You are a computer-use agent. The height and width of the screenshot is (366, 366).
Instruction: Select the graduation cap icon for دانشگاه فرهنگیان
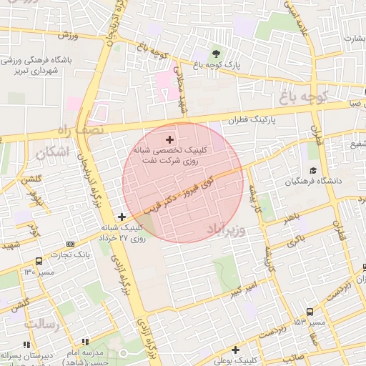[313, 170]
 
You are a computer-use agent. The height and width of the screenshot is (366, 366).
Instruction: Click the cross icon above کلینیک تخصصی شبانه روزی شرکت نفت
[169, 139]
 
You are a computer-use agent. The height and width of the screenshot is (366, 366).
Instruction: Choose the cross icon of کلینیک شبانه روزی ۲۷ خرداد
[122, 217]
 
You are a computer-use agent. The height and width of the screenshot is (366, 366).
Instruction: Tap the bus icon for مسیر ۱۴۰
[38, 261]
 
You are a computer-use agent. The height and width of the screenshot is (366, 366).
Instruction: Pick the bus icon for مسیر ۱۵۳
[310, 312]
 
